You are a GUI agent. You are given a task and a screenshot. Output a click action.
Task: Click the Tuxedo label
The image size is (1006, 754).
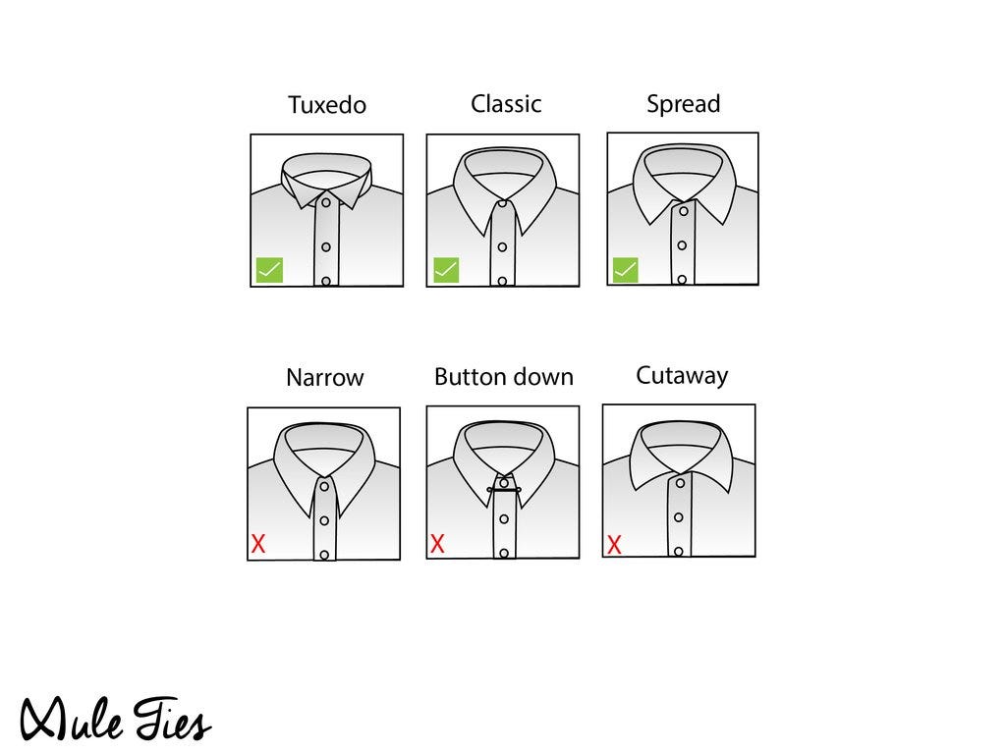[x=326, y=104]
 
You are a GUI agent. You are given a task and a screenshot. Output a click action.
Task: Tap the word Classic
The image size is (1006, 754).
[x=506, y=104]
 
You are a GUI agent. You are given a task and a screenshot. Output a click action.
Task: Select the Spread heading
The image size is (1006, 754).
[x=684, y=104]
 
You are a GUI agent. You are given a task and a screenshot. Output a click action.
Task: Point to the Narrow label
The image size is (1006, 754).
[x=324, y=377]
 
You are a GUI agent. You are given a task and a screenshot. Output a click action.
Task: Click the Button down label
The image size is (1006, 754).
[x=504, y=376]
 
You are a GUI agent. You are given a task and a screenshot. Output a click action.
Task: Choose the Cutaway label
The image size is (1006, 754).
[x=682, y=376]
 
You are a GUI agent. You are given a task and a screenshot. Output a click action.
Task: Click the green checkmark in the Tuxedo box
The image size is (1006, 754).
[x=269, y=270]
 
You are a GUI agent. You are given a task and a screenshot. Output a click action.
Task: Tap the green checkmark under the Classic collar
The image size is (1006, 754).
[x=446, y=270]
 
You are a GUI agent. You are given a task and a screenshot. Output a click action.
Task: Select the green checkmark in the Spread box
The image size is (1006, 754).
[x=626, y=270]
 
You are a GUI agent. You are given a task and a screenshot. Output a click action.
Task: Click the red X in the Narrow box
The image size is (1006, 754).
[x=258, y=544]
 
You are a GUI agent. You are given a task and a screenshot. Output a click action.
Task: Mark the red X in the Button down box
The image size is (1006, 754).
[x=437, y=544]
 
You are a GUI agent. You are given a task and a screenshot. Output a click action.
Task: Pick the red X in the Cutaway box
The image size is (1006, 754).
[x=614, y=545]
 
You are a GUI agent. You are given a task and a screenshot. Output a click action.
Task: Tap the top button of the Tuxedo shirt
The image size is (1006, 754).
[x=326, y=202]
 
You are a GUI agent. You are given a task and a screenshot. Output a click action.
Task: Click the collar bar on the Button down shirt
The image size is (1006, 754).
[x=504, y=491]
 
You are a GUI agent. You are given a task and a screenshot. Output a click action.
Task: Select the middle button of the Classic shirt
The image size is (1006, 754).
[x=502, y=247]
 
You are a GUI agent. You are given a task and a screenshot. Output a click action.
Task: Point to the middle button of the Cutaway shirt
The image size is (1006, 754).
[x=678, y=517]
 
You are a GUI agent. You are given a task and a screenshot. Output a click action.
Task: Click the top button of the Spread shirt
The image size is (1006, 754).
[x=684, y=211]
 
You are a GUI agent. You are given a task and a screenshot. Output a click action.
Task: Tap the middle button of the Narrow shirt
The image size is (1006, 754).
[x=324, y=520]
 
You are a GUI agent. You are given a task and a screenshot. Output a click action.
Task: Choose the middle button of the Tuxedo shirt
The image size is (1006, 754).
[x=326, y=246]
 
